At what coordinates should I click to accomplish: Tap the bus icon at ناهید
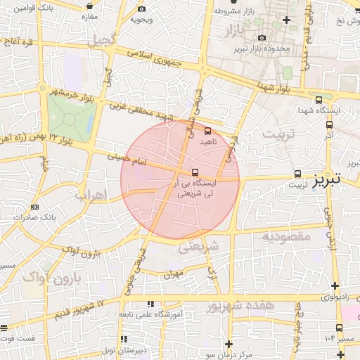coord(207,130)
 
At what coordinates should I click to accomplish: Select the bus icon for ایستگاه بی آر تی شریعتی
coord(195,172)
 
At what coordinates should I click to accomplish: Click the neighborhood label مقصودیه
coord(286,236)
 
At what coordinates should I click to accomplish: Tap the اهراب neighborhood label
coord(89,195)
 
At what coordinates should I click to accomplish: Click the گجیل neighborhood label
coord(101,39)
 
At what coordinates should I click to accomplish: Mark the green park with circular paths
coord(70,117)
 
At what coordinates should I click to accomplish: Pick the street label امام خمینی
coord(125,161)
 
